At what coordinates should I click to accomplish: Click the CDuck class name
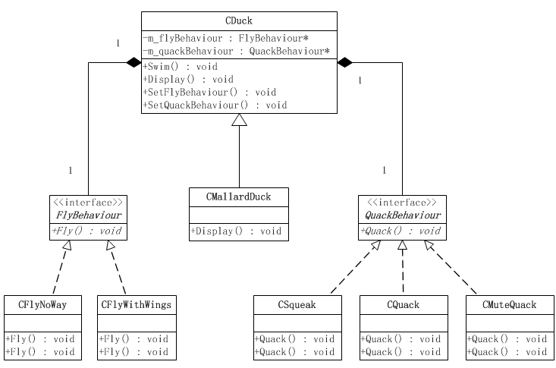(239, 21)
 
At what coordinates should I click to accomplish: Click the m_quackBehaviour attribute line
(236, 51)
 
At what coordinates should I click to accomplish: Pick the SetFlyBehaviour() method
(209, 92)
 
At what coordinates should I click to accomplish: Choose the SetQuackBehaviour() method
(215, 105)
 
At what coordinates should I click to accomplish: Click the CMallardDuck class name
(238, 197)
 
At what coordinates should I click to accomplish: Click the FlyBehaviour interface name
(89, 215)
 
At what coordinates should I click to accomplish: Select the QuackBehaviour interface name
(402, 215)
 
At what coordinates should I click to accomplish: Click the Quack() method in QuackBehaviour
(402, 231)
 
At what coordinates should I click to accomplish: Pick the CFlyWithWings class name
(137, 304)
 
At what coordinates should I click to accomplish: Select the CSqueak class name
(297, 304)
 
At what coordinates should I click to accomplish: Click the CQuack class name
(402, 304)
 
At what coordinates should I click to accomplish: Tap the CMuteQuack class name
(509, 304)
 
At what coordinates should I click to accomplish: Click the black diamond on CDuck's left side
(134, 61)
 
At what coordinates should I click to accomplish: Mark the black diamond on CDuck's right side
(345, 61)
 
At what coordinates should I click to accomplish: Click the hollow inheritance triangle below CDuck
(239, 120)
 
